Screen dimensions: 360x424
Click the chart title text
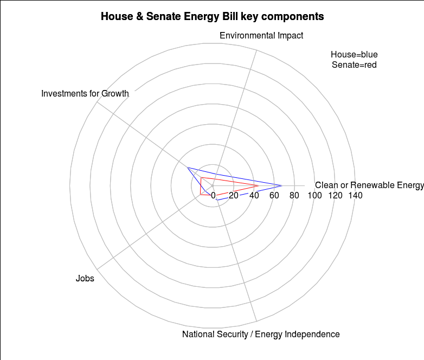pos(212,17)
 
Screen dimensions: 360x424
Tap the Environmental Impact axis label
pos(261,36)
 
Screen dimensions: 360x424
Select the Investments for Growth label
pos(85,94)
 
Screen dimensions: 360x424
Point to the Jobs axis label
pos(85,279)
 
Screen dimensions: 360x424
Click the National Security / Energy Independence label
pos(261,334)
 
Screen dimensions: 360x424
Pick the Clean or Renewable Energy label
pos(369,185)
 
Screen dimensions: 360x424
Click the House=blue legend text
pos(354,55)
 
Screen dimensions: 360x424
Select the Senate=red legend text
pos(354,65)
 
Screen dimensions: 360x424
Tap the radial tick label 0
pos(213,196)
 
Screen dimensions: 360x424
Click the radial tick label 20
pos(234,196)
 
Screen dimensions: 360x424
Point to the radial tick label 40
pos(254,196)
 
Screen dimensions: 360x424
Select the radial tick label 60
pos(274,196)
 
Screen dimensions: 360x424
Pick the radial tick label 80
pos(294,196)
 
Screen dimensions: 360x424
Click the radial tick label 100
pos(315,196)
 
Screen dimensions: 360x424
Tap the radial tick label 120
pos(335,196)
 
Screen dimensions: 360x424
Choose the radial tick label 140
pos(355,196)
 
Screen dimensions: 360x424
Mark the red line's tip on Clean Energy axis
pos(259,186)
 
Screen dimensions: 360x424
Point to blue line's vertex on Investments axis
pos(188,168)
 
